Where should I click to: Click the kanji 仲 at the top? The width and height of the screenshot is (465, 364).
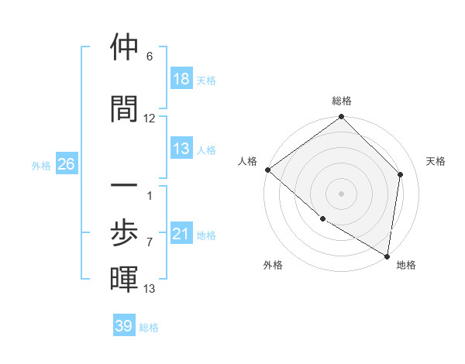[x=124, y=47]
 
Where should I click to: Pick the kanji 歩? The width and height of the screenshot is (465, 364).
[x=124, y=232]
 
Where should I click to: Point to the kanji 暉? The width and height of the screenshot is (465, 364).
[x=124, y=279]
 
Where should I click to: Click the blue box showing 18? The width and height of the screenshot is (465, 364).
[x=181, y=78]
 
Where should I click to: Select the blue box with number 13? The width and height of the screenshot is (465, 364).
[x=181, y=149]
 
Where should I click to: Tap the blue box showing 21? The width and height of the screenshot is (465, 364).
[x=181, y=234]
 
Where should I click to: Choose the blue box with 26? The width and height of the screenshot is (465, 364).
[x=66, y=164]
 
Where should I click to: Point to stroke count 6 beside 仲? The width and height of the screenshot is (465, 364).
[x=150, y=57]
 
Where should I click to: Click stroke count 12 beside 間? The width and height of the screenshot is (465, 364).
[x=150, y=118]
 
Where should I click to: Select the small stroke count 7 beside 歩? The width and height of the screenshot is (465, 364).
[x=150, y=242]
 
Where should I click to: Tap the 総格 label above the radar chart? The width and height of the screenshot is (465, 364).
[x=342, y=101]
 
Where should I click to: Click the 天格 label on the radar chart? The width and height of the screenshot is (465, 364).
[x=436, y=161]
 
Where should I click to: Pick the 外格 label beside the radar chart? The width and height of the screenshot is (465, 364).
[x=273, y=265]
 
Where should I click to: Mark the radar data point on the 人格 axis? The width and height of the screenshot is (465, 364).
[x=267, y=170]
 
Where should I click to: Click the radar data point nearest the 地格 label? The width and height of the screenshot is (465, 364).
[x=387, y=256]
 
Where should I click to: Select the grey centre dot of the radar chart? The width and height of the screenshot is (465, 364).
[x=342, y=193]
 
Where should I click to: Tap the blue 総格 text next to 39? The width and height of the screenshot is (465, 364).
[x=150, y=328]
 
